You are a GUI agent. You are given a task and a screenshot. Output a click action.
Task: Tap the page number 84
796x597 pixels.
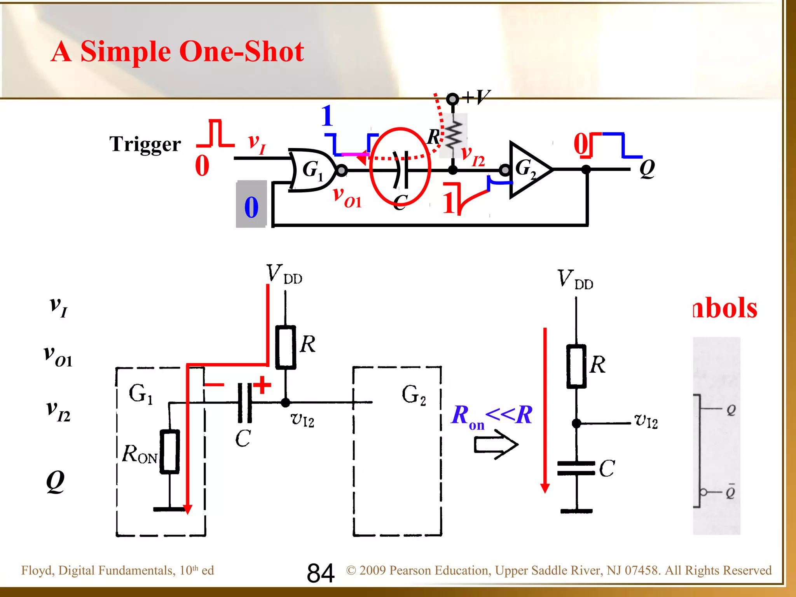[x=321, y=573]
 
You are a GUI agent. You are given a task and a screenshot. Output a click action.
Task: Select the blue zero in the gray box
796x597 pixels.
[x=251, y=207]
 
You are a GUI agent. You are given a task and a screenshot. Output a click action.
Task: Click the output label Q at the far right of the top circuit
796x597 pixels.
[x=647, y=168]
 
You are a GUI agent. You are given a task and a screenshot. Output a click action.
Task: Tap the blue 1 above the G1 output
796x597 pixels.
[x=327, y=116]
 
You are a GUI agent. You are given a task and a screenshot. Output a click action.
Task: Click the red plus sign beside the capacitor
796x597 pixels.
[x=262, y=385]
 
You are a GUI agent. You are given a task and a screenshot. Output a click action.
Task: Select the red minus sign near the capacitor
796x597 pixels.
[x=214, y=385]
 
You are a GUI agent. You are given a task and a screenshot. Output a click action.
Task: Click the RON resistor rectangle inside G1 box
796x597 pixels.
[x=170, y=452]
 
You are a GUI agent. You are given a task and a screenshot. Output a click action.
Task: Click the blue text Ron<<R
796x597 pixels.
[x=492, y=416]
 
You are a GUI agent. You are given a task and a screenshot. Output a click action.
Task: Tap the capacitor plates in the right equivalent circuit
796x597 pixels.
[x=576, y=468]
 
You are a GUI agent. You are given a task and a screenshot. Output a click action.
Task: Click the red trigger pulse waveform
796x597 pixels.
[x=215, y=134]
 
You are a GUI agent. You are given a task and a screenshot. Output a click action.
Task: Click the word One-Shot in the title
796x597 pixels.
[x=241, y=51]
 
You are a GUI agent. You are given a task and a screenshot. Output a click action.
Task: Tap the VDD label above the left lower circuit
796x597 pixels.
[x=284, y=274]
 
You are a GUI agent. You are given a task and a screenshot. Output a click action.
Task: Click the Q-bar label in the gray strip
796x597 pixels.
[x=730, y=492]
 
